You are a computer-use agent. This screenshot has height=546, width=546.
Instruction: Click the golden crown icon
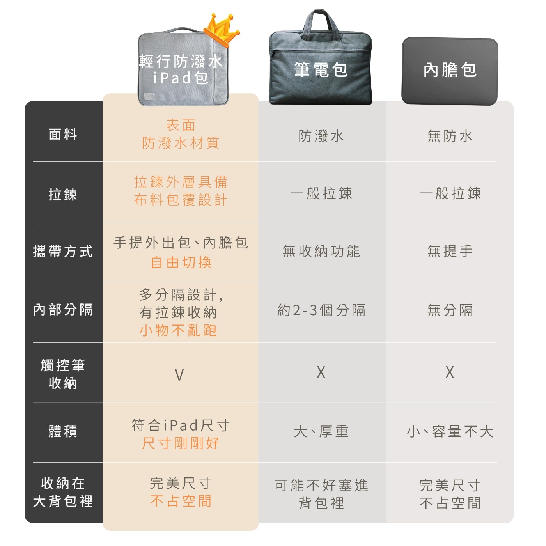[222, 30]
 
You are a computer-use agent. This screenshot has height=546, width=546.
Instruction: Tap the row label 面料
[63, 134]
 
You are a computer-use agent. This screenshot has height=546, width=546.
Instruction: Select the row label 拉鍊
[63, 194]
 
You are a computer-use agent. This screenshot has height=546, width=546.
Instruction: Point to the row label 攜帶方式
[63, 251]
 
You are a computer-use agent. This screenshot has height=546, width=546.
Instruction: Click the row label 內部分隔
[63, 309]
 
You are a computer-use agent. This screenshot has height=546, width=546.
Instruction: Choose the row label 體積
[63, 431]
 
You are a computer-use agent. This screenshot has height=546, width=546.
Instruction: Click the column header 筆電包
[321, 70]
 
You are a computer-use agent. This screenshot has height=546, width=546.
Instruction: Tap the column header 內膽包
[450, 70]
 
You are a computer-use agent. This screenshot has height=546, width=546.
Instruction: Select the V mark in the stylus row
[179, 374]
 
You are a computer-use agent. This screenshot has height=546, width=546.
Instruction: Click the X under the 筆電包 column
[321, 372]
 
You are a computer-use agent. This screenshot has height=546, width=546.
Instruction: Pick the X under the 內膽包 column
[450, 372]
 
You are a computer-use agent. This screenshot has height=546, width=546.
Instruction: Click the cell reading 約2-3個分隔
[321, 310]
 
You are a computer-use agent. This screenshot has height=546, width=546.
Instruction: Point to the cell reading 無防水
[450, 136]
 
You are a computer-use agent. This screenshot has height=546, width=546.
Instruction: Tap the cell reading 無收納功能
[321, 251]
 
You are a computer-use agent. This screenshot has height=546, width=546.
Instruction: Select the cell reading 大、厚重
[321, 431]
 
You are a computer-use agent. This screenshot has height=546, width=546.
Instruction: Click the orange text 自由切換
[181, 262]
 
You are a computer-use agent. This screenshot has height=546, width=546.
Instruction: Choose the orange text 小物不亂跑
[178, 330]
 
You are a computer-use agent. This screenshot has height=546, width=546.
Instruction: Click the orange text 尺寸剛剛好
[181, 443]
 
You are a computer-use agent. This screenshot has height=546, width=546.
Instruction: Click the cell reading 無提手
[450, 251]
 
